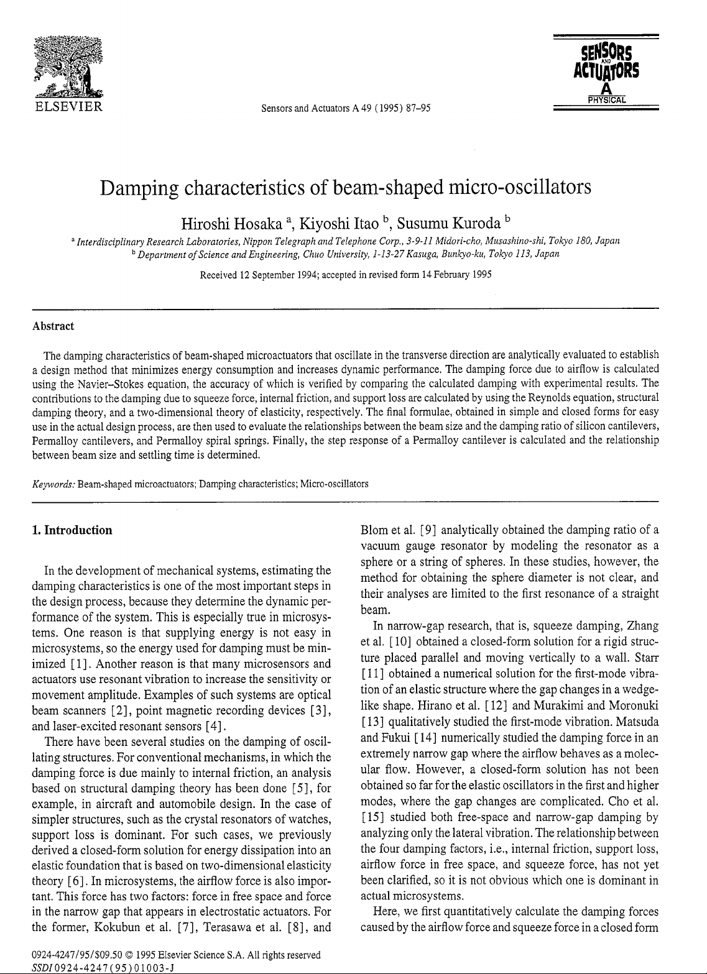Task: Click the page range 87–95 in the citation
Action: click(x=418, y=110)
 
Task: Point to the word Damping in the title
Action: click(x=141, y=187)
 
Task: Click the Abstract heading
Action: click(x=53, y=326)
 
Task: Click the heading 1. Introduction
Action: click(x=72, y=530)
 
